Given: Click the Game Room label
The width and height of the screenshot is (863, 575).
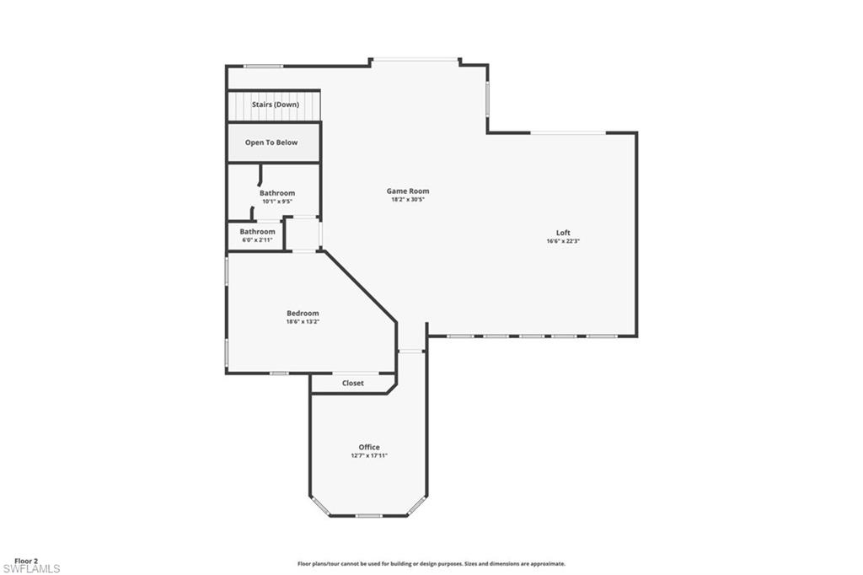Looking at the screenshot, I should click(408, 191).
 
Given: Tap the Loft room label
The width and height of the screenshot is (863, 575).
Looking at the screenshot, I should click(563, 233).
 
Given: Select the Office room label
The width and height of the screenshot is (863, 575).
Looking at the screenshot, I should click(369, 447).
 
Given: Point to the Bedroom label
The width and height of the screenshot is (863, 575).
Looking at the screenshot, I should click(303, 313).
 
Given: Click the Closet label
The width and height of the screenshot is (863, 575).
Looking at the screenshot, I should click(353, 383).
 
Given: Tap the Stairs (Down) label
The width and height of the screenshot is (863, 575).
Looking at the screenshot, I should click(276, 105).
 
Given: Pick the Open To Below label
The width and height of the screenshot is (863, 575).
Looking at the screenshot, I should click(271, 142).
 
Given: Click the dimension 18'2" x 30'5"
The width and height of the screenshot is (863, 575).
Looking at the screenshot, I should click(408, 200).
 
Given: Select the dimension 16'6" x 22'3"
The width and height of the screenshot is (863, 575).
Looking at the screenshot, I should click(563, 241).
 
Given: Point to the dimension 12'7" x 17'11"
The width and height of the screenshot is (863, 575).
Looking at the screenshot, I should click(369, 455).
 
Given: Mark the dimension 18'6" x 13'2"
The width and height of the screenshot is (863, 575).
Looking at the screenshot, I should click(303, 321).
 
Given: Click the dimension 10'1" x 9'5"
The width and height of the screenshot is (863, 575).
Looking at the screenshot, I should click(277, 202).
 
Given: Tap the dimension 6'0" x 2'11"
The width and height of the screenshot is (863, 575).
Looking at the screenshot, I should click(257, 240).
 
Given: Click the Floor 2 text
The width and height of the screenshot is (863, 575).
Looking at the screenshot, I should click(26, 561).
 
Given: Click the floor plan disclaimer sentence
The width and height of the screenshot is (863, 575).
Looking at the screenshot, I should click(431, 564).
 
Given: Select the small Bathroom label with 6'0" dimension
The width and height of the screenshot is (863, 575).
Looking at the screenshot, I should click(257, 232).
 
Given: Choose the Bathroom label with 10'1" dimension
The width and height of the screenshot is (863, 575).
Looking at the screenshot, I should click(277, 193).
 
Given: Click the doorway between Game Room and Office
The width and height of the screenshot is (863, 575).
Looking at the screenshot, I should click(411, 351).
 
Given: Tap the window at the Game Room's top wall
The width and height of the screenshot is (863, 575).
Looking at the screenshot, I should click(415, 59).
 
